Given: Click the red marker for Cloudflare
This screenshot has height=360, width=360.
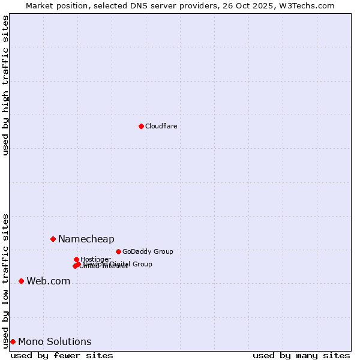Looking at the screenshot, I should tap(141, 126).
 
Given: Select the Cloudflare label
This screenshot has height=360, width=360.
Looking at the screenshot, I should tap(161, 126).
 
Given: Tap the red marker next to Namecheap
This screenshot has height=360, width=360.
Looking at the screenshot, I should tap(53, 239).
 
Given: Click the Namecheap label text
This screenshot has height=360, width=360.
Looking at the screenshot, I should tap(86, 239).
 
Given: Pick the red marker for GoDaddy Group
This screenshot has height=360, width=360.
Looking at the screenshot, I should tap(118, 251).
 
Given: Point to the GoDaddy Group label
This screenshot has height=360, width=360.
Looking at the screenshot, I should tap(148, 252).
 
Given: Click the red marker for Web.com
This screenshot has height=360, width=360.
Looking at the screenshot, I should tap(21, 281).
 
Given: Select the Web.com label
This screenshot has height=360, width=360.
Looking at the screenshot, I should tap(48, 281).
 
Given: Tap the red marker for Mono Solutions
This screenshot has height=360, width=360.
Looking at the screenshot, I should tap(13, 341).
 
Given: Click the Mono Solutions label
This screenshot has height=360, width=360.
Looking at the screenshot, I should tap(55, 342).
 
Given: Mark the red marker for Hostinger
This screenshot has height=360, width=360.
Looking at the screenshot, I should tap(76, 259).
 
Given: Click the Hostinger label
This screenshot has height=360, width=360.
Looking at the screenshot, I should tap(95, 259).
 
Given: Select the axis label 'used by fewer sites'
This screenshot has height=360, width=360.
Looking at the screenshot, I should tap(62, 355).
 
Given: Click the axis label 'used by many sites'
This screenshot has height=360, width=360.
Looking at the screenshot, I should tap(301, 355).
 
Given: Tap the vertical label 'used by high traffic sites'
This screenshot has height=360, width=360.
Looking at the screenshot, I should tap(5, 85).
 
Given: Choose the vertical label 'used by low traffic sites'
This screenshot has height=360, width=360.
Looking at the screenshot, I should tap(5, 281).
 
